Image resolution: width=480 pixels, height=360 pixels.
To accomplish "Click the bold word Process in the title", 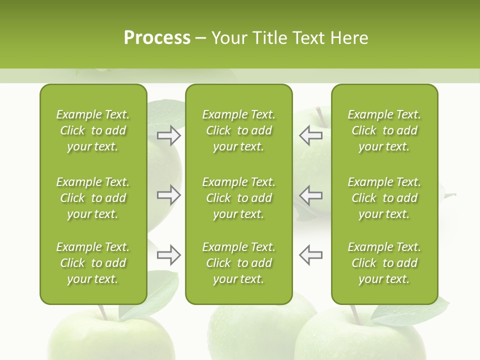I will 157,38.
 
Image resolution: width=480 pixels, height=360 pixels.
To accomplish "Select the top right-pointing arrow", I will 168,135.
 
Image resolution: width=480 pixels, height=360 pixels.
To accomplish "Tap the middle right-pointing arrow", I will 168,195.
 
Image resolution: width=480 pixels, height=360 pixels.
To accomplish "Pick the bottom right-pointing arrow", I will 168,255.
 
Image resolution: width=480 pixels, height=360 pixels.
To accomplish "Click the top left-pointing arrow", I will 311,135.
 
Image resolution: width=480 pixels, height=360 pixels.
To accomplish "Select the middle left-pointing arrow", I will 311,195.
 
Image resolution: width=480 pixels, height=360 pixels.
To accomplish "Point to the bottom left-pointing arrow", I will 311,255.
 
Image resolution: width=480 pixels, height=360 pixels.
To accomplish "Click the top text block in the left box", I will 93,130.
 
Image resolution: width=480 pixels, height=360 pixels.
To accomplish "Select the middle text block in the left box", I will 93,198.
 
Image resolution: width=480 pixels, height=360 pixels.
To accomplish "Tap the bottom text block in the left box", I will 93,263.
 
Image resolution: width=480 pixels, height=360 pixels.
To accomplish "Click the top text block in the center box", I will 238,130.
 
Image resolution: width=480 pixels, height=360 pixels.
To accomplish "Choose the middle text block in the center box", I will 238,198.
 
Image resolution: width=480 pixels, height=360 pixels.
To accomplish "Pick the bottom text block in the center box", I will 238,263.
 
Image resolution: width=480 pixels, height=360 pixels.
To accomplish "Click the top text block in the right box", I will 384,130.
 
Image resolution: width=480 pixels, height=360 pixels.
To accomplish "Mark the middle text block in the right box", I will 384,198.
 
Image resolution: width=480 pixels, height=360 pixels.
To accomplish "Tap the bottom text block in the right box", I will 384,263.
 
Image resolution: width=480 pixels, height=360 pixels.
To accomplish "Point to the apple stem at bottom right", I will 355,314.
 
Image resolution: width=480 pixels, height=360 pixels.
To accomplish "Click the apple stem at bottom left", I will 103,313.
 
